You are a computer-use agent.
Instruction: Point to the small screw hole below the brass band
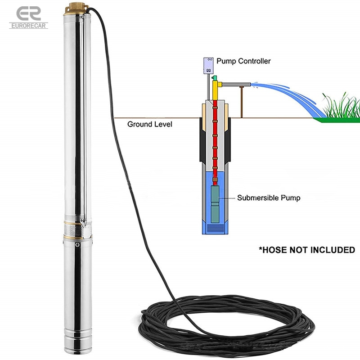(78, 245)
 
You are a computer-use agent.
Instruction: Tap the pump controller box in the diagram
(208, 66)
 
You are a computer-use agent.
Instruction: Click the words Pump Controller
(243, 61)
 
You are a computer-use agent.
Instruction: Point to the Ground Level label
(149, 124)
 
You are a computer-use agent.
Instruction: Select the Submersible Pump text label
(269, 198)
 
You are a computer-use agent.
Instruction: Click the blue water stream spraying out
(288, 93)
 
